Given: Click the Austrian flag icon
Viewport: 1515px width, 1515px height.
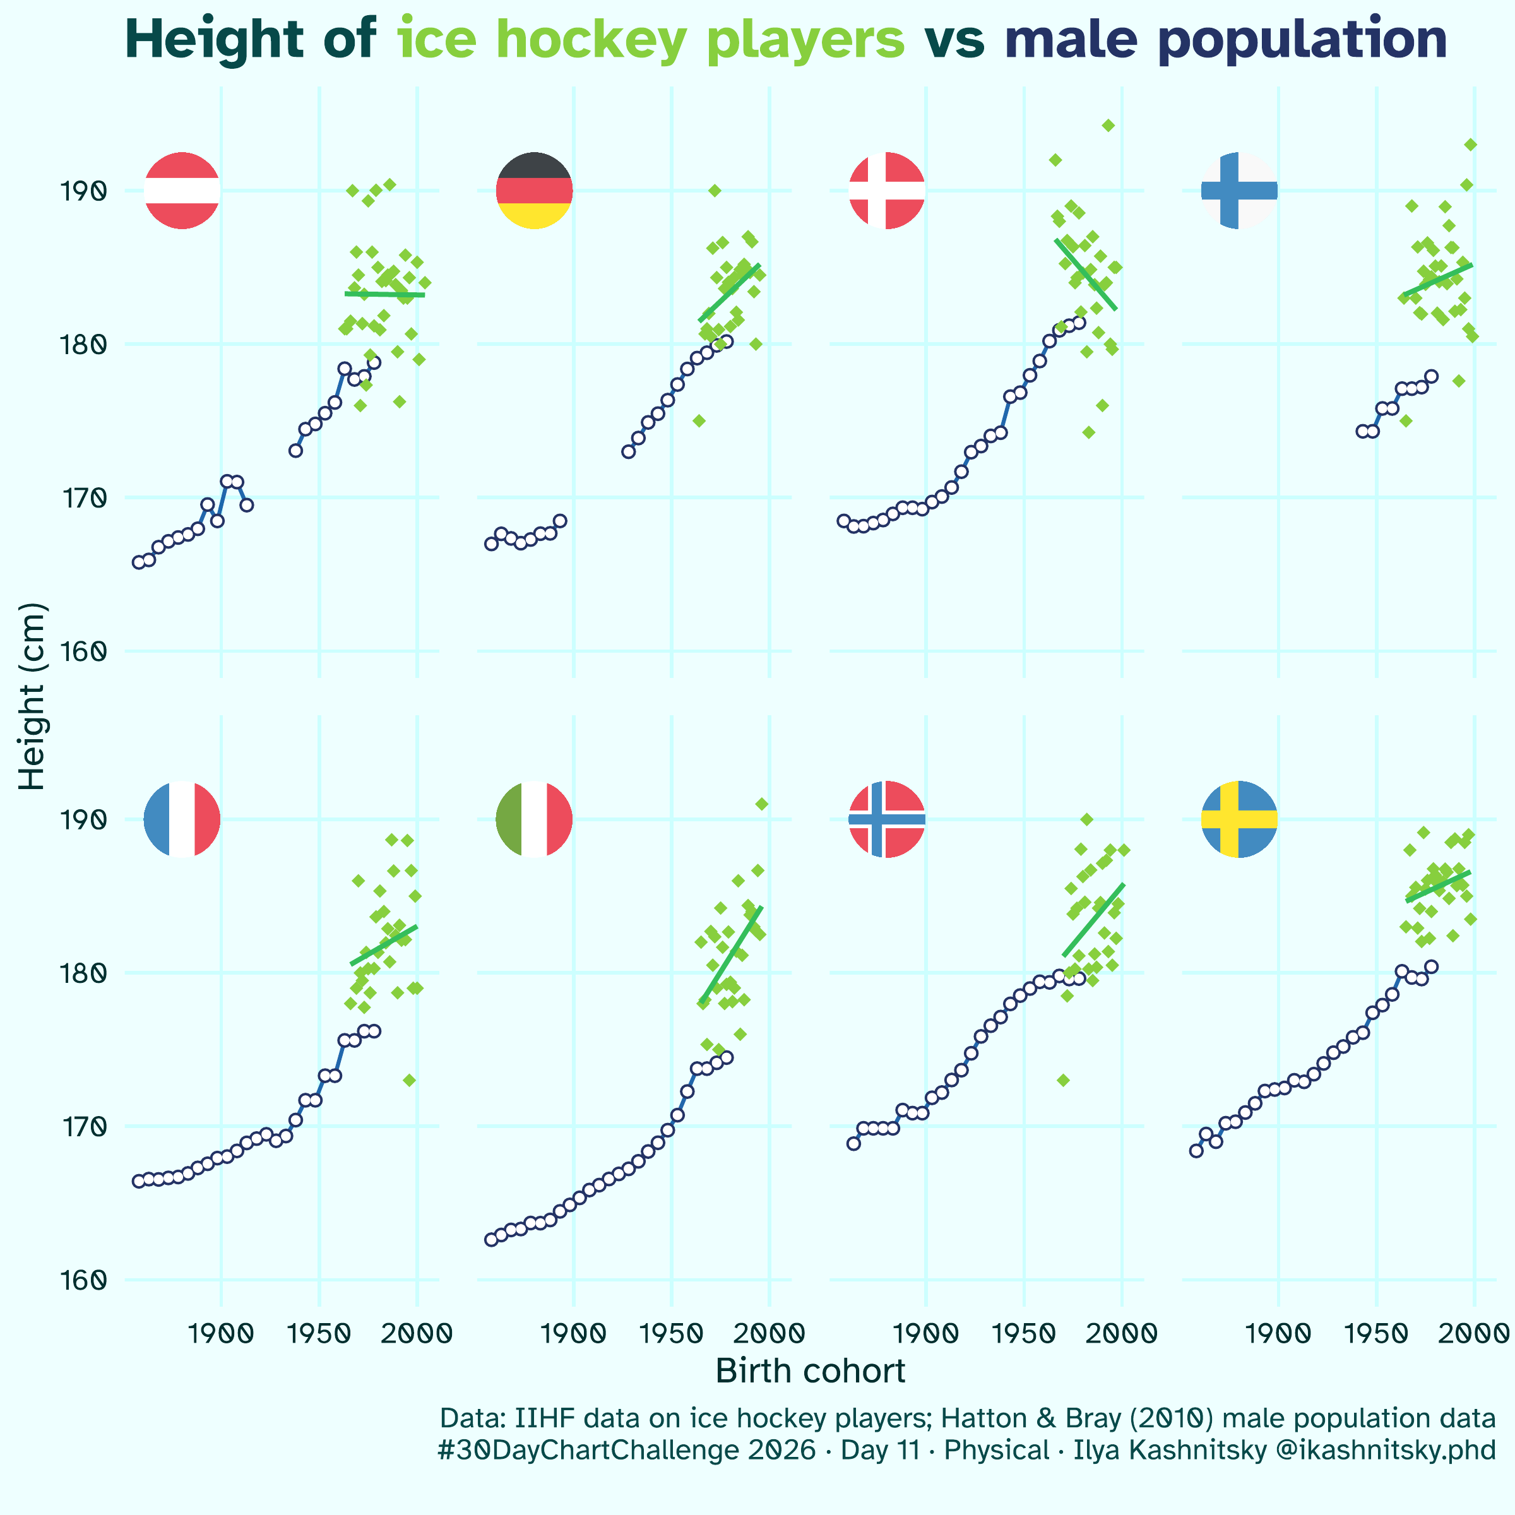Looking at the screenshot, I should tap(182, 191).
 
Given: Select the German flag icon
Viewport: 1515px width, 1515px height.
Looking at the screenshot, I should tap(535, 191).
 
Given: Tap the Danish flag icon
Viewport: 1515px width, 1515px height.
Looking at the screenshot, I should tap(887, 191).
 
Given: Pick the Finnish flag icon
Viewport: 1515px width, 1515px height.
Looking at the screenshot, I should tap(1239, 191).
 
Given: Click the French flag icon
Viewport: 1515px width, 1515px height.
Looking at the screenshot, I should tap(182, 819).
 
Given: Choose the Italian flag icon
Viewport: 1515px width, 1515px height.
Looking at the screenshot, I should tap(535, 819).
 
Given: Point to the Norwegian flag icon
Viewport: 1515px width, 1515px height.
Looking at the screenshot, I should tap(887, 819).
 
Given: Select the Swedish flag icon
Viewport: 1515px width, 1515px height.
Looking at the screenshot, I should tap(1239, 819).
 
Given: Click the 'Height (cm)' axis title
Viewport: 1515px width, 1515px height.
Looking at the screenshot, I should tap(33, 697).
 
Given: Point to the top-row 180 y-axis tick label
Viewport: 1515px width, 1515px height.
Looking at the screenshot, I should tap(81, 343).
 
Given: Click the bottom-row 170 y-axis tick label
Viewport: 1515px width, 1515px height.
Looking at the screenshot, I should tap(81, 1126).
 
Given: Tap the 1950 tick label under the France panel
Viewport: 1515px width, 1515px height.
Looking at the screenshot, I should tap(318, 1333).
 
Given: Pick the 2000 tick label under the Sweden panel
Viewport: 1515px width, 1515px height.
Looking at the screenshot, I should tap(1473, 1333).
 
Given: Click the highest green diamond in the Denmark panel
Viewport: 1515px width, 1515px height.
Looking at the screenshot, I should tap(1108, 126).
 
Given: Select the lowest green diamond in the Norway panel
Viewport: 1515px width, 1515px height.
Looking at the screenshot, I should tap(1063, 1080).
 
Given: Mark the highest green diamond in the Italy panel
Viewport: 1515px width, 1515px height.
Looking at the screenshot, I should tap(761, 804).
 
